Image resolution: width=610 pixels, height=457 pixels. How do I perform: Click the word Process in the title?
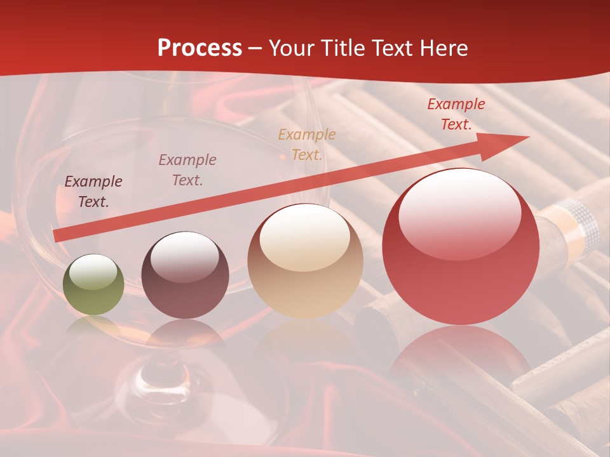200,48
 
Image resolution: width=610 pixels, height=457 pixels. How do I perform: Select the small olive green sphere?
93,284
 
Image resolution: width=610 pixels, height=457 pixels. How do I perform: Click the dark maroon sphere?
185,275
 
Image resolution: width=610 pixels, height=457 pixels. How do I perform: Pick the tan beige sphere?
305,261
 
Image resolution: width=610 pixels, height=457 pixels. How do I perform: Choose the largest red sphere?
461,246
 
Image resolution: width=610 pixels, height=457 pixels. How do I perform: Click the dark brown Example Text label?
93,192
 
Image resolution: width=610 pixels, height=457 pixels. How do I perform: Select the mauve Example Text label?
187,170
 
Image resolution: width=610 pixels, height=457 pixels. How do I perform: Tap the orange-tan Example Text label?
307,145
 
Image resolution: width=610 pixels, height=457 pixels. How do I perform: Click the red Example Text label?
456,114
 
